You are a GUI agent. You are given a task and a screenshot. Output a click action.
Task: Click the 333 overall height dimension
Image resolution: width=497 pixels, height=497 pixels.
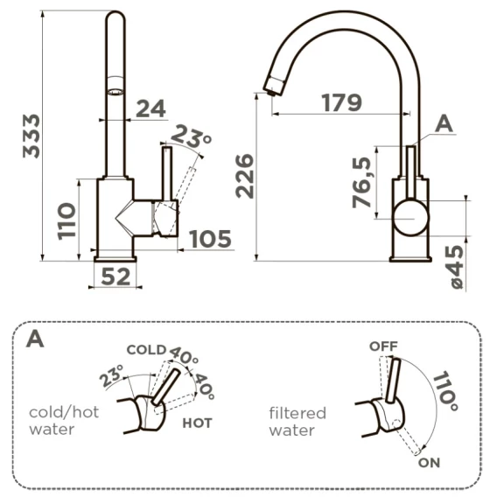pos(31,136)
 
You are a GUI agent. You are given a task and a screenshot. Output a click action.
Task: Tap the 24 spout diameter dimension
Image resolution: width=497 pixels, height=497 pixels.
pos(150,108)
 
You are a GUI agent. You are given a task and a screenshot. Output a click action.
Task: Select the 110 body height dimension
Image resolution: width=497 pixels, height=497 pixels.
pos(66,221)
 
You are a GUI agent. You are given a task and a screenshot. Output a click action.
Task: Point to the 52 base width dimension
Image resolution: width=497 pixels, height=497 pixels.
pos(115,276)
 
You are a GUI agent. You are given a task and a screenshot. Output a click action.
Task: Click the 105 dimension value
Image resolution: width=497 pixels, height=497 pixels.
pos(210,239)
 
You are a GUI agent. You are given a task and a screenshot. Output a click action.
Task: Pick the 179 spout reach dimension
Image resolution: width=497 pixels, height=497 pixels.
pos(341,102)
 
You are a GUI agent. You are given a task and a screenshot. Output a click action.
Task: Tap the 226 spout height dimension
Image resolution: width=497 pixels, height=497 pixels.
pos(245,176)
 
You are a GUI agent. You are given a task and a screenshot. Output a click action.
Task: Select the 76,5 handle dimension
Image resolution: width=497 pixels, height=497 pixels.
pos(361,182)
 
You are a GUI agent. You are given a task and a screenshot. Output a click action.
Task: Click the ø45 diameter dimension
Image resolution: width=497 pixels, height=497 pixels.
pos(457,267)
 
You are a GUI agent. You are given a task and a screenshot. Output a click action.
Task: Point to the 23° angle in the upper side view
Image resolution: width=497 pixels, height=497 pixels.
pos(191,136)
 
